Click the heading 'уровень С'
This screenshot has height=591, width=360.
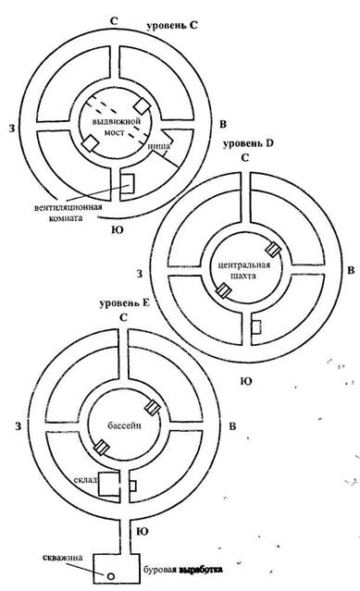pos(171,26)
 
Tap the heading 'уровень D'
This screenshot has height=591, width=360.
pos(248,143)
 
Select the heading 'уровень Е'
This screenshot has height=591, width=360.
pos(125,303)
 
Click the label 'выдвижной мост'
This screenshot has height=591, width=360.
pos(117,127)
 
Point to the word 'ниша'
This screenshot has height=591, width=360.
pos(158,146)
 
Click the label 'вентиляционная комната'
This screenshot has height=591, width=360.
pos(68,212)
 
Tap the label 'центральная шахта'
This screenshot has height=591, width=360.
pos(244,269)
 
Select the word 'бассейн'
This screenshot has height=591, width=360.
pos(125,425)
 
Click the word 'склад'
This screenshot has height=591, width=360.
pos(86,479)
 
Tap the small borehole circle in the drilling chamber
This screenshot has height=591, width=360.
pos(110,575)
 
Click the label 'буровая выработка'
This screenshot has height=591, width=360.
pos(182,570)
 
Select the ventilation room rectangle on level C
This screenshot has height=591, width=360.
pos(127,183)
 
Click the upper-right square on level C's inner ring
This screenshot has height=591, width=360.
pos(143,105)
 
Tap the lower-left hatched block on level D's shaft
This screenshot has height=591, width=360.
pos(223,290)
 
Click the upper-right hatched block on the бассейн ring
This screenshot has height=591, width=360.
pos(153,407)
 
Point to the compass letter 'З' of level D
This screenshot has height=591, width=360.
pos(140,274)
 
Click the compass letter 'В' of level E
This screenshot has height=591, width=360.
pos(232,426)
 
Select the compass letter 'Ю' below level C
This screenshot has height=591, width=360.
pos(118,229)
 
